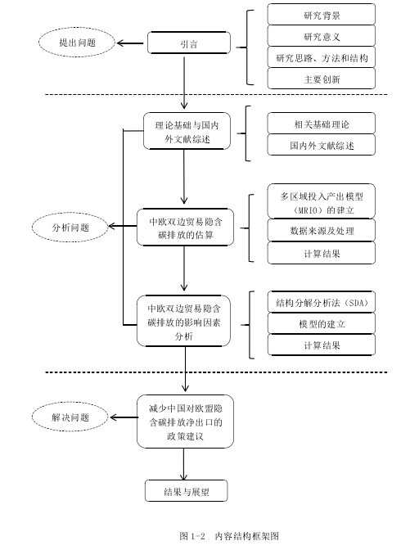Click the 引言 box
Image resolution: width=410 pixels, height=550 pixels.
(189, 43)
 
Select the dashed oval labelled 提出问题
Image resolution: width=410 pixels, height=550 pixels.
(77, 43)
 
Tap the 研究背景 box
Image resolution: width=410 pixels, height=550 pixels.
(322, 15)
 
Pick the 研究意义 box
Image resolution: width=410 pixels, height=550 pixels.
(322, 36)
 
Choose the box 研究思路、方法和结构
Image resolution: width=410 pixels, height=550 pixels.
(322, 57)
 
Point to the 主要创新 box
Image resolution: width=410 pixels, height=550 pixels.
(322, 79)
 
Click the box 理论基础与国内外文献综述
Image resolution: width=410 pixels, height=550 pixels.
(187, 131)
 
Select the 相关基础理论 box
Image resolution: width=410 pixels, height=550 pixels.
(322, 123)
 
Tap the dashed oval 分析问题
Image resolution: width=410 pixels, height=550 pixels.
(70, 228)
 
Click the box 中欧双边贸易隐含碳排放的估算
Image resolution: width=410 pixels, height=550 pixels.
(185, 227)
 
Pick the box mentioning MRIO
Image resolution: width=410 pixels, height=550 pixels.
(322, 201)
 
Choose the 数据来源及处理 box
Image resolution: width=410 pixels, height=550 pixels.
(322, 230)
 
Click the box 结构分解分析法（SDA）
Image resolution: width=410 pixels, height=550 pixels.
(322, 302)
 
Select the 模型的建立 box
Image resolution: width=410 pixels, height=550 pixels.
(322, 323)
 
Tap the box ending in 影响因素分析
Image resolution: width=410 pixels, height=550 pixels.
(183, 321)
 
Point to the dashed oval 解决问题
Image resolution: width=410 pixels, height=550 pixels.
(70, 417)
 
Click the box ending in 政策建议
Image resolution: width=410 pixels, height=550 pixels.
(185, 422)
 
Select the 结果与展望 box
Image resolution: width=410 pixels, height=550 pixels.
(187, 491)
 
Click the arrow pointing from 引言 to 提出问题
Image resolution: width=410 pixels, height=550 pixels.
(130, 43)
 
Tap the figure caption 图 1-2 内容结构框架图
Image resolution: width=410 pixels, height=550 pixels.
(229, 536)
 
